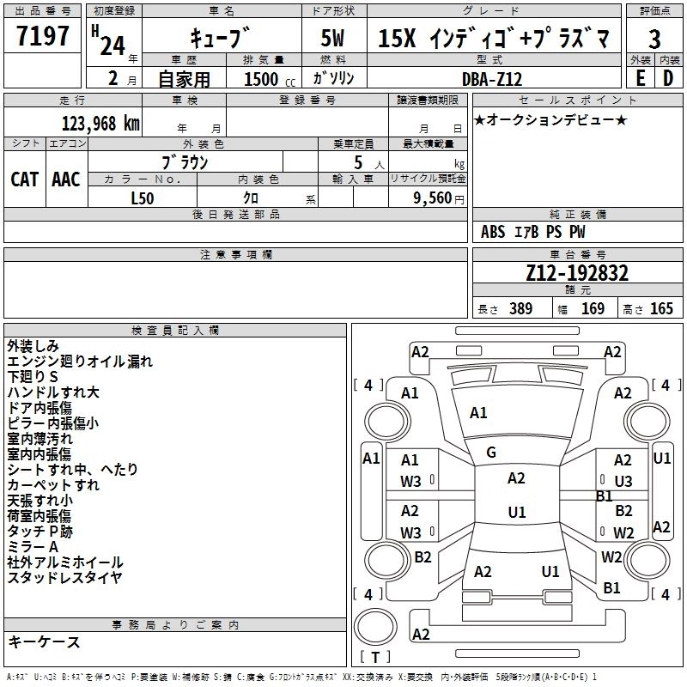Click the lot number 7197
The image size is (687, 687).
(43, 36)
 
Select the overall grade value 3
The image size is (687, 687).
(654, 40)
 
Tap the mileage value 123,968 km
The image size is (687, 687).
(100, 124)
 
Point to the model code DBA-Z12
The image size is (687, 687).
(492, 79)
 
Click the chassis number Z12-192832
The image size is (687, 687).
(577, 273)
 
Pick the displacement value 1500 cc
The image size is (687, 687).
(270, 79)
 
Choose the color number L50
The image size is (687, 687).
(143, 198)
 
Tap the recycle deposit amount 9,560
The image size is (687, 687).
(433, 198)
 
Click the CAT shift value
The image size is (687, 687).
(25, 179)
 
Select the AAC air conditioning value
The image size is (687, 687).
(66, 179)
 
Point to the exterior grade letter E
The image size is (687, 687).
(641, 79)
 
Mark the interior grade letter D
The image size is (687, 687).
(668, 79)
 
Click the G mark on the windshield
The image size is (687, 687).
(491, 453)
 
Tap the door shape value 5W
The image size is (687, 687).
(332, 38)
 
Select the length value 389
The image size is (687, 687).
(520, 308)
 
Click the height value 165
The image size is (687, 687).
(661, 308)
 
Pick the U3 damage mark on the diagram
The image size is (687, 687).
(623, 481)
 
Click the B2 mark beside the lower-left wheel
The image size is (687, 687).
(423, 556)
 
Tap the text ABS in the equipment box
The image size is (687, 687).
(493, 232)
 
